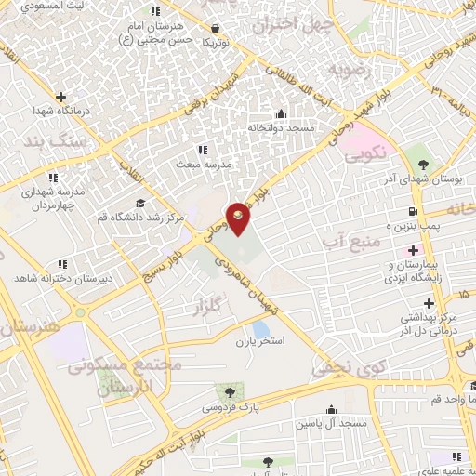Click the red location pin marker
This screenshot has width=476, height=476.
pos(238,218)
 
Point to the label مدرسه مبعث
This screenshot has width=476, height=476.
pos(203,163)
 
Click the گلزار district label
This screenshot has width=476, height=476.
pos(206,305)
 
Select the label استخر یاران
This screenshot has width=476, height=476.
pos(262,341)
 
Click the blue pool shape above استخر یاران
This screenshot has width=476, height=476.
pos(261,328)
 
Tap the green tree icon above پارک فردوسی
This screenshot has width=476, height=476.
pos(227,390)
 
